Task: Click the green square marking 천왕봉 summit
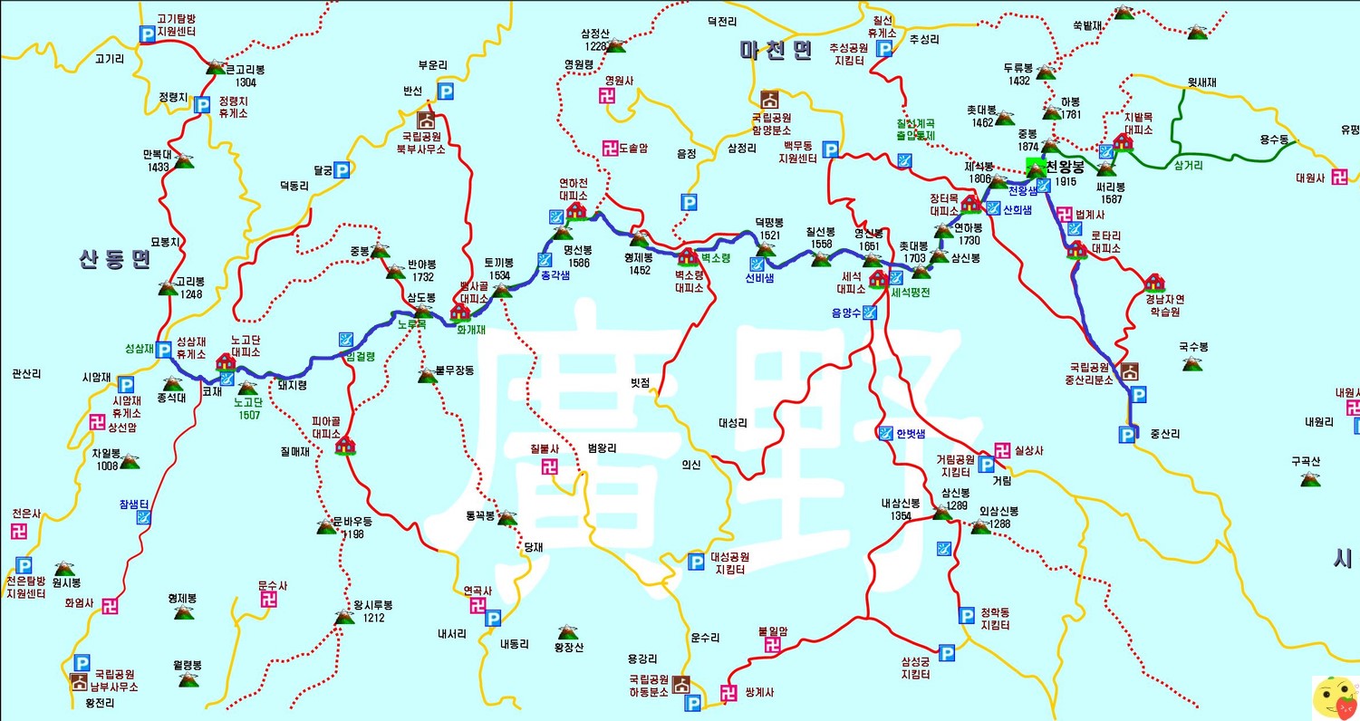(1036, 168)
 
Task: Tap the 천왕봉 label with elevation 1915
(1065, 174)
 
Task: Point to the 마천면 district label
(776, 51)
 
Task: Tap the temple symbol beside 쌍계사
(728, 694)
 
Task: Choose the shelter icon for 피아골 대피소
(345, 444)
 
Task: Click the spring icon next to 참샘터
(143, 517)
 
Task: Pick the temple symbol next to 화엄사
(110, 606)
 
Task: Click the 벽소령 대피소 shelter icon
(688, 256)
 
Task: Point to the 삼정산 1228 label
(594, 40)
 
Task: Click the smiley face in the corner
(1335, 697)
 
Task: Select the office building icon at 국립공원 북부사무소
(425, 120)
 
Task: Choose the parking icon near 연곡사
(493, 618)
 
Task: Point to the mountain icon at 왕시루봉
(344, 618)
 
